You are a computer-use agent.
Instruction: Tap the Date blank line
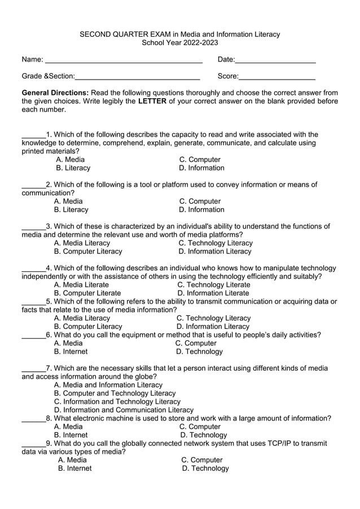[275, 61]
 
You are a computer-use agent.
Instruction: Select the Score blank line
[276, 77]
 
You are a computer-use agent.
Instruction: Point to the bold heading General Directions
[55, 93]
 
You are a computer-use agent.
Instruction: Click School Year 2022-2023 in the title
[179, 43]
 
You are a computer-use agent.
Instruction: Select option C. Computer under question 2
[200, 201]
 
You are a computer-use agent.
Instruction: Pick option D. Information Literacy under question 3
[215, 252]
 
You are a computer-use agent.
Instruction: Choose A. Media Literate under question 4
[81, 285]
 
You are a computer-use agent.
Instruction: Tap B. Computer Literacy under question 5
[87, 327]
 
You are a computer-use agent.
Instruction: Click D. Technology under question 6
[199, 352]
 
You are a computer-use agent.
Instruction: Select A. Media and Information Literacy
[108, 385]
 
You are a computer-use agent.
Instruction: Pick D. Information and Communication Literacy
[124, 410]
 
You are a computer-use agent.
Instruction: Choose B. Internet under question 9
[74, 468]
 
